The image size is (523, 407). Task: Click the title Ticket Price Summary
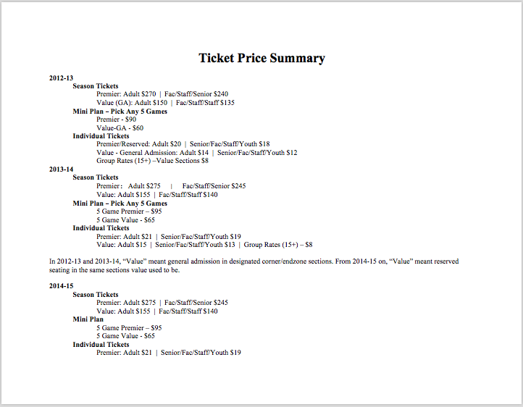(x=261, y=59)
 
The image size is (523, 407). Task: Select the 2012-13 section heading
(x=61, y=77)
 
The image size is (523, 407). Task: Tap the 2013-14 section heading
(x=61, y=169)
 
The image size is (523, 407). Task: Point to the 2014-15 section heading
(x=61, y=286)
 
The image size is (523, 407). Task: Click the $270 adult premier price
(x=148, y=94)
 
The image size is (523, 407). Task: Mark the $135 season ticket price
(x=227, y=103)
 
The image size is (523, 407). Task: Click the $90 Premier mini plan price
(x=130, y=119)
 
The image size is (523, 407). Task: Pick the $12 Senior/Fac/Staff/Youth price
(x=291, y=153)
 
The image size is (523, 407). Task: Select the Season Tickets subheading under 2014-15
(x=95, y=295)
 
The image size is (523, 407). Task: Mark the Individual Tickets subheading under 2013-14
(x=101, y=228)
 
